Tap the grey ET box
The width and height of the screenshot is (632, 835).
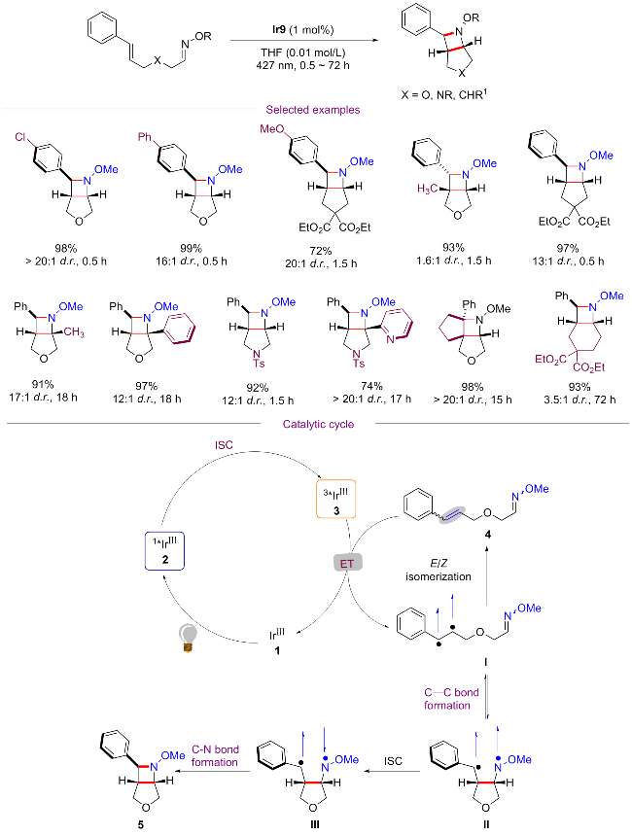pos(347,564)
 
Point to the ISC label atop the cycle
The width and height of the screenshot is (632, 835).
pos(226,445)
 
